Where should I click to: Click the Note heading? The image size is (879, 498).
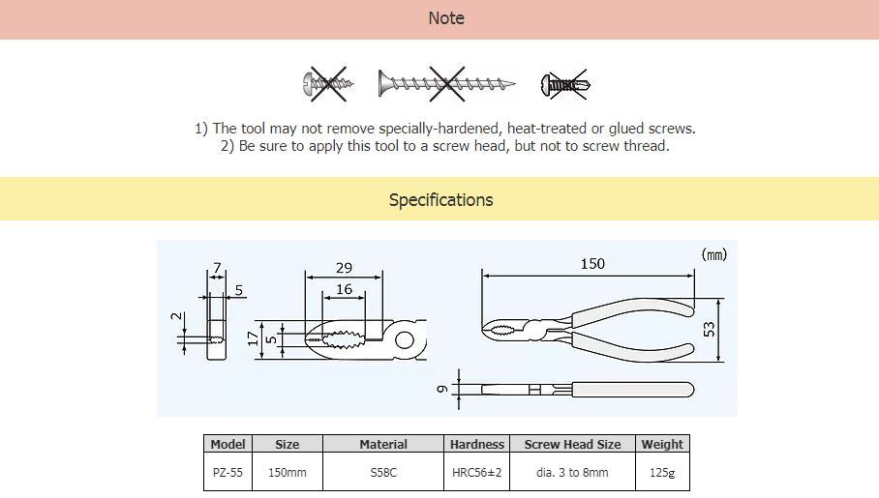[x=446, y=18]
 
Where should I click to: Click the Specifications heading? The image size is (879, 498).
[x=441, y=200]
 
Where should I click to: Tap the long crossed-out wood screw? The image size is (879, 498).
[x=447, y=84]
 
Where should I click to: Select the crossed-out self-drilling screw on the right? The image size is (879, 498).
[x=565, y=84]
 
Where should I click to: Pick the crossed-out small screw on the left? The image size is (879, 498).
[x=328, y=84]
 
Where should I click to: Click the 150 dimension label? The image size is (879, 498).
[x=592, y=264]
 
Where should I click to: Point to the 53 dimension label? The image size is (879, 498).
[x=710, y=330]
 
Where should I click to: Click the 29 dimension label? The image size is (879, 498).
[x=344, y=268]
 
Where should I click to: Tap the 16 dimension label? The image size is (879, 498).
[x=344, y=289]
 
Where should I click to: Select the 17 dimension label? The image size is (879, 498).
[x=254, y=338]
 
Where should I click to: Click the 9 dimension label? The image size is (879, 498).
[x=442, y=389]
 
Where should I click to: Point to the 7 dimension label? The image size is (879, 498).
[x=217, y=268]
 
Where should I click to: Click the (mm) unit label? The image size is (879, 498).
[x=714, y=255]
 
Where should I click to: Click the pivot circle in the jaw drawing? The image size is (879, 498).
[x=405, y=340]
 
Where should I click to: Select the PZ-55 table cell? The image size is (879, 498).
[x=227, y=472]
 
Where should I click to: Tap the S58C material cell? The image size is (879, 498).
[x=383, y=472]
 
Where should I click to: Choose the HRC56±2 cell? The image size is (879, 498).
[x=476, y=472]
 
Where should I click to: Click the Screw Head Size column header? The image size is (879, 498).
[x=572, y=444]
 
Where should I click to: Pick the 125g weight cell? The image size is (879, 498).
[x=662, y=472]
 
